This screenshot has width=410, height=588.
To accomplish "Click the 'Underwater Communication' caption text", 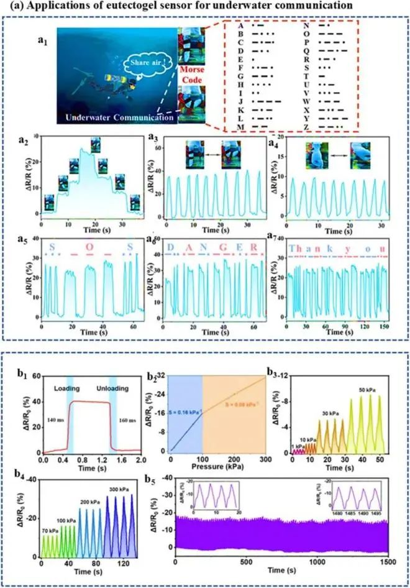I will (121, 117).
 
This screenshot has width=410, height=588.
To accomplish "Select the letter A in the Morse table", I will (240, 27).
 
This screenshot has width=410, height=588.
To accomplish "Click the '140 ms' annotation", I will (53, 420).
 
